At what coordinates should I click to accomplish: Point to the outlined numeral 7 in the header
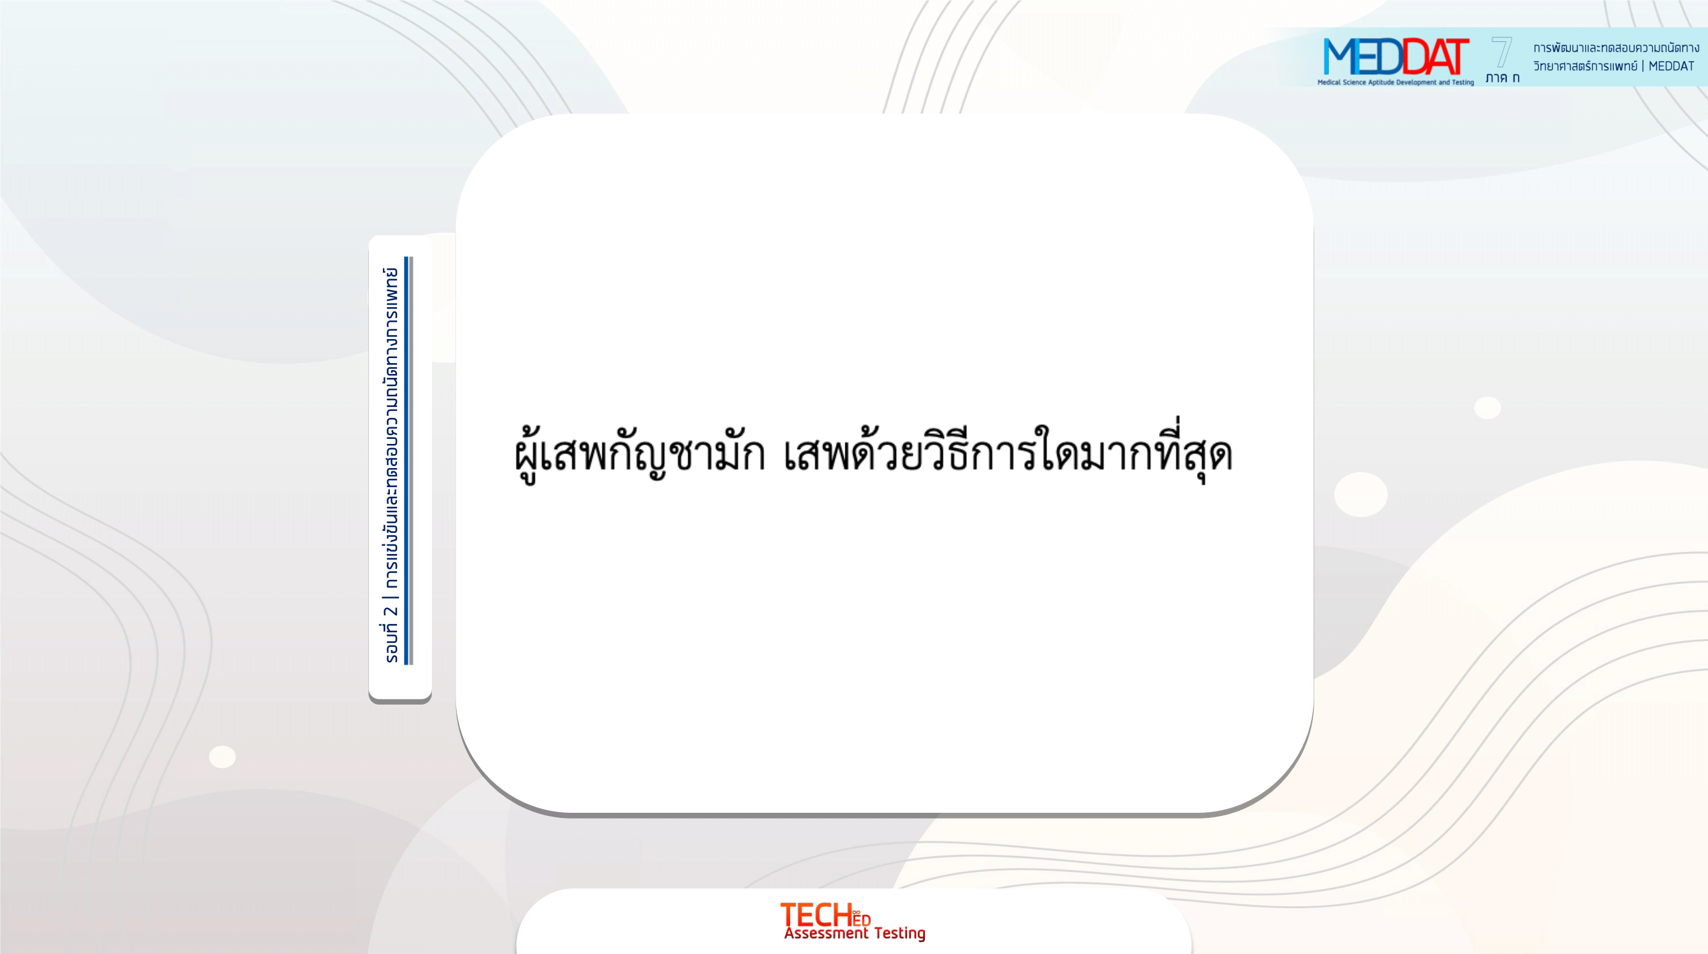(x=1502, y=52)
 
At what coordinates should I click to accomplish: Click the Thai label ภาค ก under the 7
(x=1503, y=78)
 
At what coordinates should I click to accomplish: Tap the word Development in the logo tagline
(x=1416, y=82)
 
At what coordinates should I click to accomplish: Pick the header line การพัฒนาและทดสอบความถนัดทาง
(x=1616, y=47)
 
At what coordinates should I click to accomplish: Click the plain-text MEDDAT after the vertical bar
(x=1671, y=66)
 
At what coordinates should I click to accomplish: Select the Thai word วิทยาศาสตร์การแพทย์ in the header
(x=1585, y=66)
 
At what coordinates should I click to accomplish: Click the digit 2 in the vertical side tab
(x=391, y=611)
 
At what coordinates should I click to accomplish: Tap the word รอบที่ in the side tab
(x=391, y=642)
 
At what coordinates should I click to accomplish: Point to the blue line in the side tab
(x=406, y=460)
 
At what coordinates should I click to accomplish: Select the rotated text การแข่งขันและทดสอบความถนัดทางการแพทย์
(x=391, y=427)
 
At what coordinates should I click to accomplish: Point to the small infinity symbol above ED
(x=857, y=913)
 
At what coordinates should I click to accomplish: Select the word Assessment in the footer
(x=826, y=933)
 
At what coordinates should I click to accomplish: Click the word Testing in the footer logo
(x=899, y=934)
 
